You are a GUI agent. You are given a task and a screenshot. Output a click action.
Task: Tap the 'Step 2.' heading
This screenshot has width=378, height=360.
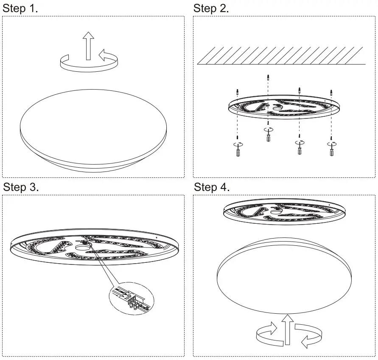pos(211,8)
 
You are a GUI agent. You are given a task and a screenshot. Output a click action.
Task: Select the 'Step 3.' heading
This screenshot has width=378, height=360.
pos(21,187)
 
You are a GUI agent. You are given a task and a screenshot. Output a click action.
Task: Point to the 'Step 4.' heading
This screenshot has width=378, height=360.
pos(212,187)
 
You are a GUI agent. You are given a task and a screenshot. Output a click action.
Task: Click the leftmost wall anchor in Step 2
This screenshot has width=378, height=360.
pos(238,92)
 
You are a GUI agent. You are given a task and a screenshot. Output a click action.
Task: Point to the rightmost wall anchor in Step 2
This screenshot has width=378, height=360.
pos(331,92)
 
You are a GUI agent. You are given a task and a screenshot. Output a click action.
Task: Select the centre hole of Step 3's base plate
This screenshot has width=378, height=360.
pos(80,247)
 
